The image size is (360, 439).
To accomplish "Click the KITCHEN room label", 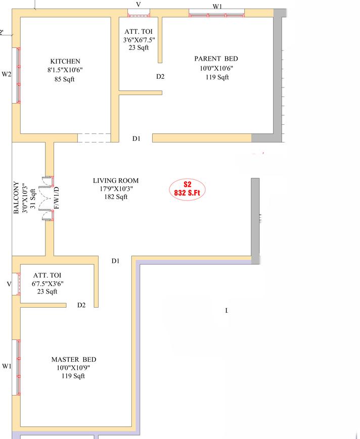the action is point(65,61).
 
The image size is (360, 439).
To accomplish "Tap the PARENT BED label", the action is point(216,59).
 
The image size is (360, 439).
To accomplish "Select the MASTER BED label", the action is point(74,360).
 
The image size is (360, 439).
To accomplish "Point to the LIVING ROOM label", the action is point(116,180).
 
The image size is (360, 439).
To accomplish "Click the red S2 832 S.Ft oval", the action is point(187,189).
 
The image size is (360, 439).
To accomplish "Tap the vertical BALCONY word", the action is point(16,198).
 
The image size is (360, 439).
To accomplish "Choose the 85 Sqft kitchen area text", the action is point(64,79).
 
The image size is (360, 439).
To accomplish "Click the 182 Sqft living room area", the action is point(116,197).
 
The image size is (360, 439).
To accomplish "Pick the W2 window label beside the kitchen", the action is point(7,74).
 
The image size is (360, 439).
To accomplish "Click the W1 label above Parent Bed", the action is point(217,7).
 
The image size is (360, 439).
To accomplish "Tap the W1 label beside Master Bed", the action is point(7,366).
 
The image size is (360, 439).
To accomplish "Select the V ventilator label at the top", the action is point(139,4).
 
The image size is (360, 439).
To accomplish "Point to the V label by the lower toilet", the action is point(9,284).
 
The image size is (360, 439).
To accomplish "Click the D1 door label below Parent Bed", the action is point(137,138).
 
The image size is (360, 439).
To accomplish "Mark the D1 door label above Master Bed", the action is point(115,261).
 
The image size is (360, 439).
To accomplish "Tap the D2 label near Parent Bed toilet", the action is point(160,76).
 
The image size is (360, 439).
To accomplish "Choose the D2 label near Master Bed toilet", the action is point(81,305).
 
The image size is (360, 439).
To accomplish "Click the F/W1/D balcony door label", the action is point(57,198).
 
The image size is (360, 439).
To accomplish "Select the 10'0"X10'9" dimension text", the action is point(73,368).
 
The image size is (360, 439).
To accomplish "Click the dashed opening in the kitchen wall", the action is point(94,138).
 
